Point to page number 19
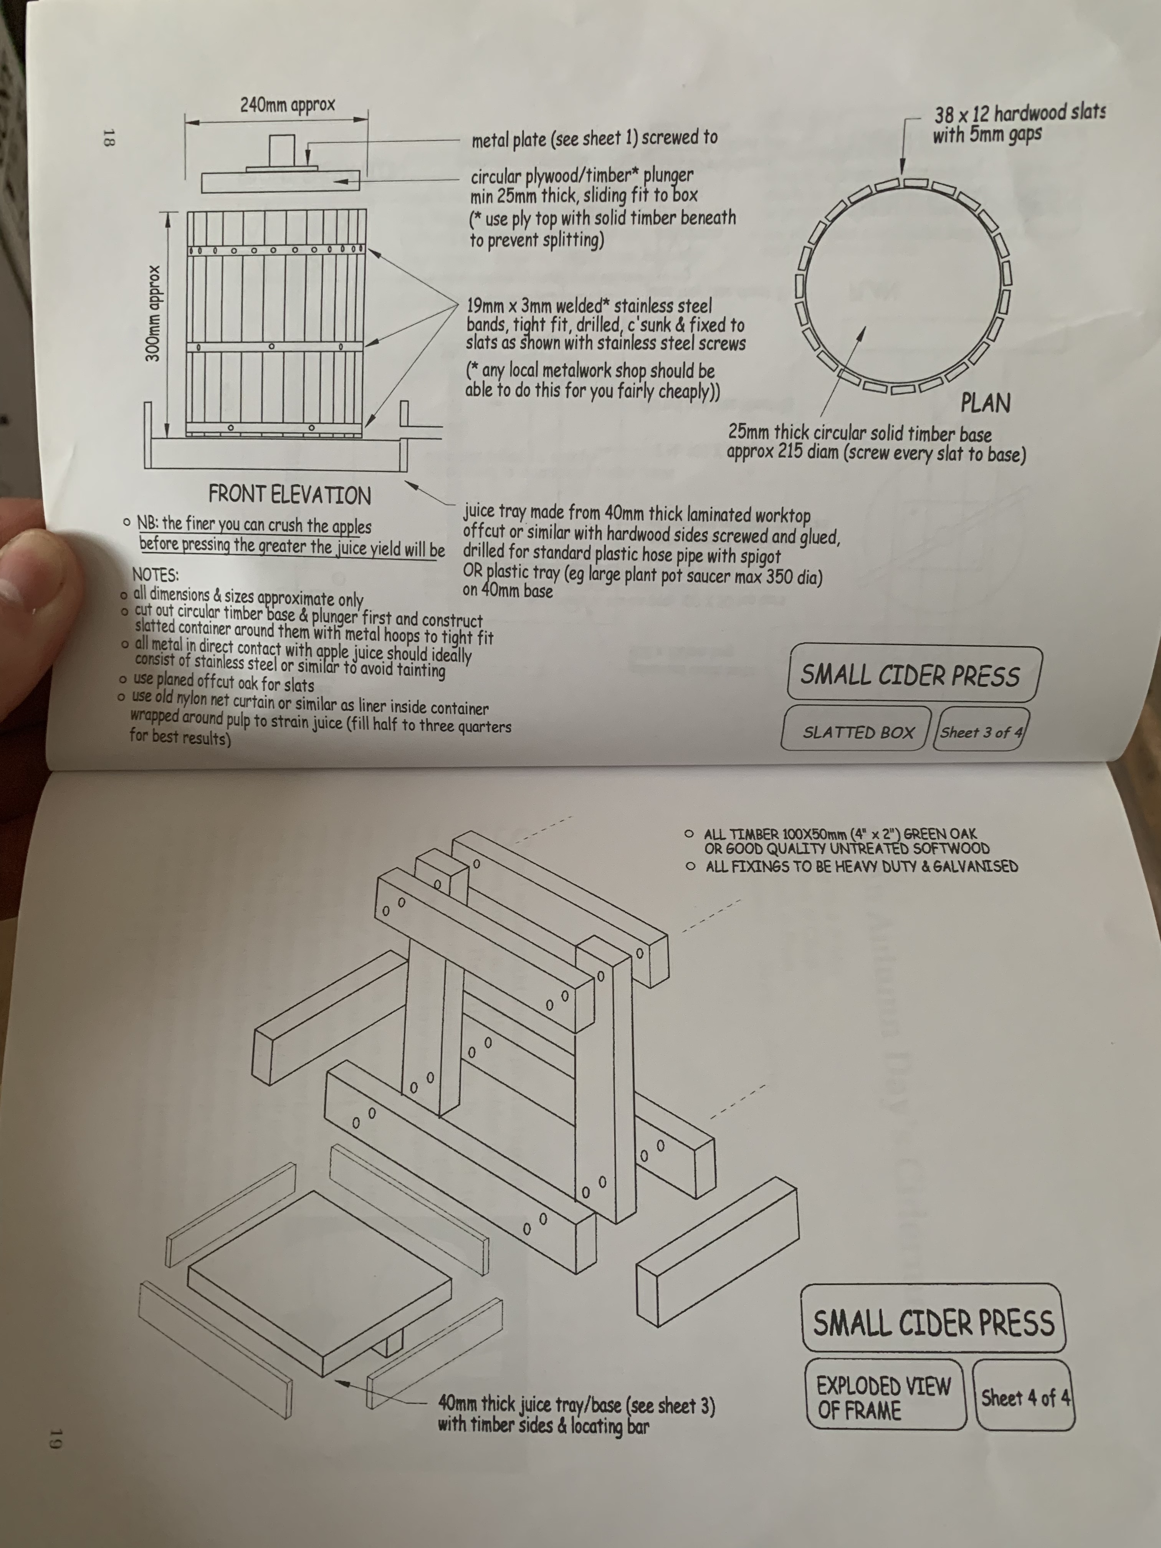click(57, 1441)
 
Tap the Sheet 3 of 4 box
click(981, 730)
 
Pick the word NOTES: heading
click(155, 575)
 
